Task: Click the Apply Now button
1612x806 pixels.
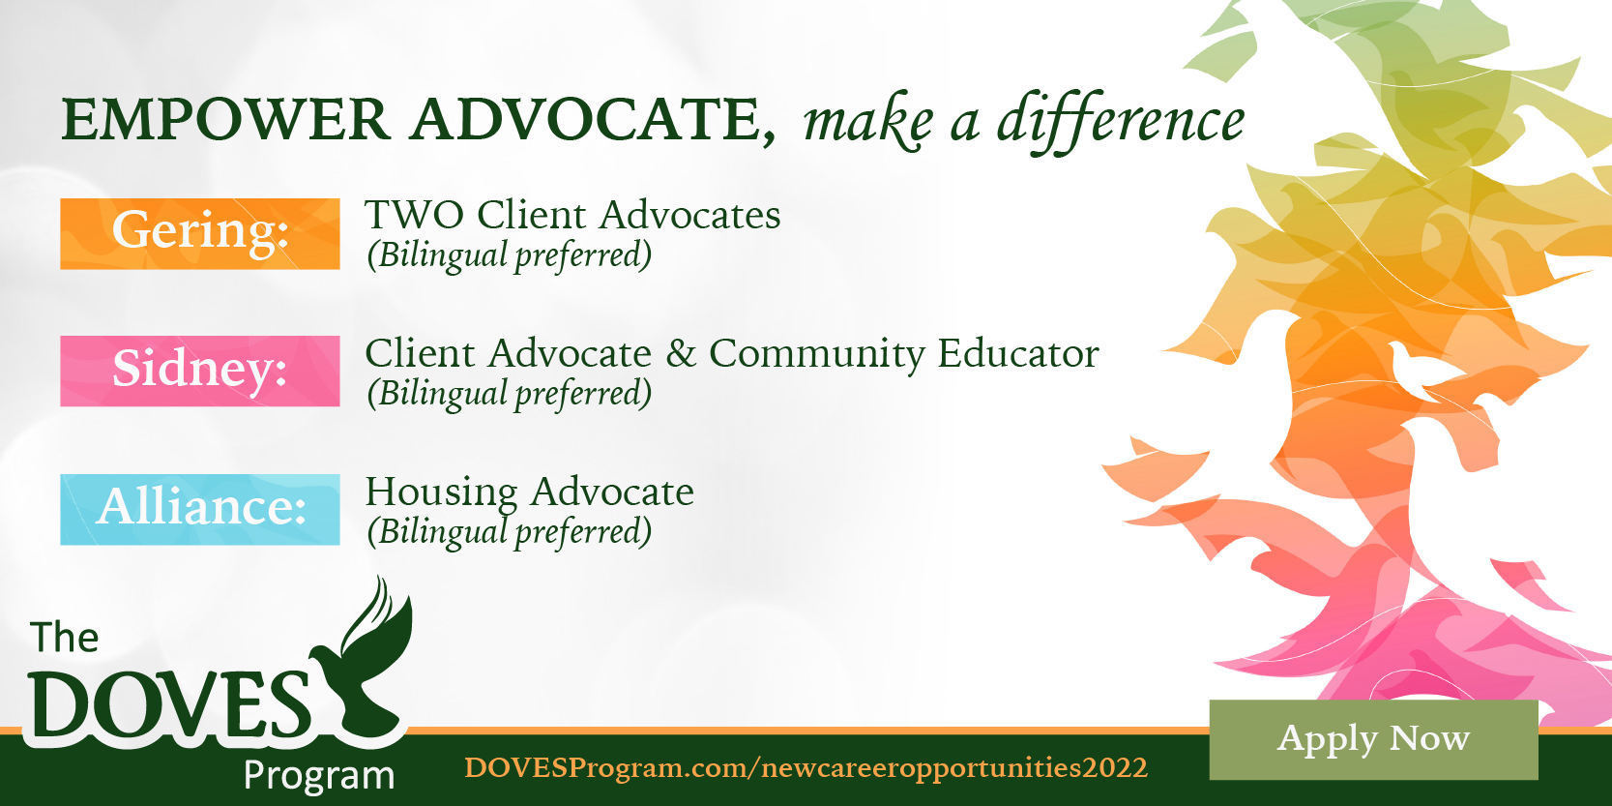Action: point(1373,739)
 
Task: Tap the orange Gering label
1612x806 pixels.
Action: point(200,233)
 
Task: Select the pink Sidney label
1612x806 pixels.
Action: point(200,371)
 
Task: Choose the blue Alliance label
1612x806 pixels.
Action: point(200,509)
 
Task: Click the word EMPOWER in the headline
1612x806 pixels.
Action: point(226,120)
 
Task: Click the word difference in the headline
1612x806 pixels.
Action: point(1121,120)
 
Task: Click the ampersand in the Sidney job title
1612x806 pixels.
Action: point(680,354)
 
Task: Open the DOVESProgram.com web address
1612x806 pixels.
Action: point(806,768)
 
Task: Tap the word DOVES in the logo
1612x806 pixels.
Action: point(170,703)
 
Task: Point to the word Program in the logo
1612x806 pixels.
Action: point(319,776)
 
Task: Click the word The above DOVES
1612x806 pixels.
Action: point(64,638)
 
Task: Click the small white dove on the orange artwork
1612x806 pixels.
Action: point(1418,371)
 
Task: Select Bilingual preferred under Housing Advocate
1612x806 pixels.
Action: point(509,533)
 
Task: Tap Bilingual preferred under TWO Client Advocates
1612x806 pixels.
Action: point(509,256)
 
